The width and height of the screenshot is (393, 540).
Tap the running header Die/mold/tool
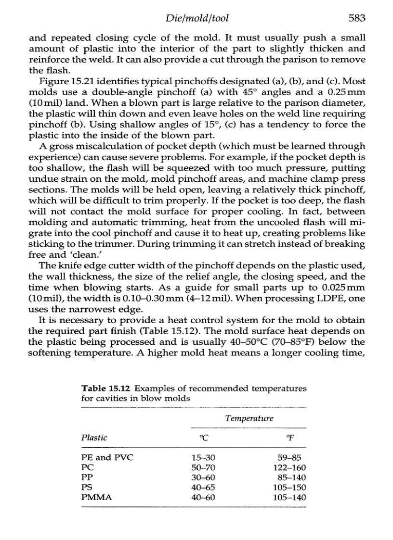[x=196, y=18]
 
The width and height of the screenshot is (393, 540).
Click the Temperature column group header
[x=249, y=418]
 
